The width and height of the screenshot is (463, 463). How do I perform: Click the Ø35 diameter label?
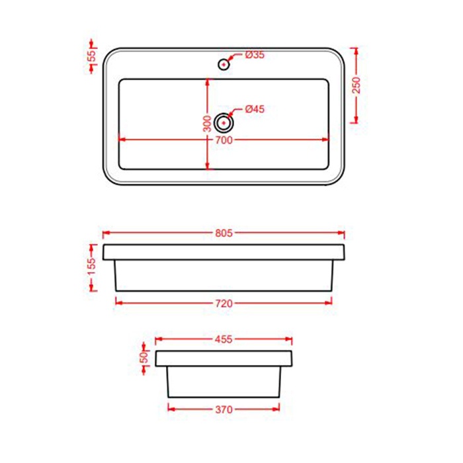[255, 56]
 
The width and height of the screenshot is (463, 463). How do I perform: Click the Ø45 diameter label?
[255, 109]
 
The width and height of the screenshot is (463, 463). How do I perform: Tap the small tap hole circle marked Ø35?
[224, 64]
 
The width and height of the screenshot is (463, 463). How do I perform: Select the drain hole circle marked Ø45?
[225, 122]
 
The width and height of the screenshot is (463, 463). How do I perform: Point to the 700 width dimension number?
[224, 140]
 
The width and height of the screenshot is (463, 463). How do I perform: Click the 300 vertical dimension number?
[207, 122]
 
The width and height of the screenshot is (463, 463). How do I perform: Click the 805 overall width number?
[225, 233]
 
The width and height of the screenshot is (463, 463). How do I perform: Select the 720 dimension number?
[224, 304]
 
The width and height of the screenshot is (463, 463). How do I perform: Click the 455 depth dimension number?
[224, 340]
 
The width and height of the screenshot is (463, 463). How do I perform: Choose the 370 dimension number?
[224, 410]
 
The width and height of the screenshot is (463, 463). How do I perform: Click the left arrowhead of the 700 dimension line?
[120, 140]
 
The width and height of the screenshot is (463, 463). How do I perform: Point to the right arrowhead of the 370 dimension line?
[276, 409]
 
